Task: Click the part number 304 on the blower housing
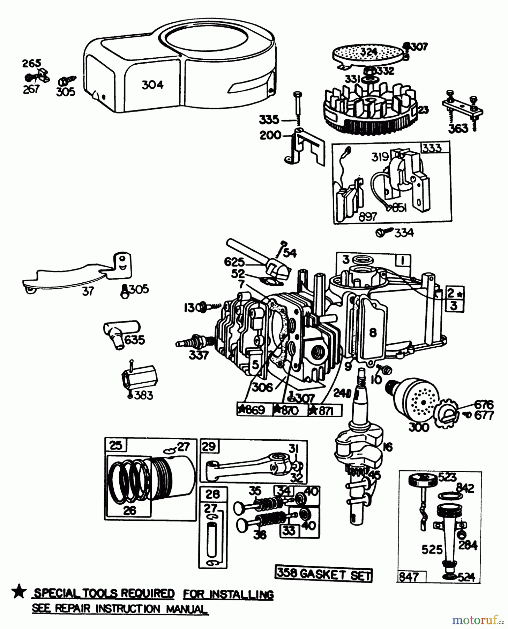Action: (152, 85)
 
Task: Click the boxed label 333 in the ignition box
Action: (432, 148)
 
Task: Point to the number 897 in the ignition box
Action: (367, 216)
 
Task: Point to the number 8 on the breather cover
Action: (373, 332)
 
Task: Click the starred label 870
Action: (289, 410)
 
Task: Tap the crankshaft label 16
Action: (387, 447)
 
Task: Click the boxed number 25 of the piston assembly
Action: (115, 446)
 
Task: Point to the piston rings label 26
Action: (129, 511)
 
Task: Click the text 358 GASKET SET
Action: (324, 574)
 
